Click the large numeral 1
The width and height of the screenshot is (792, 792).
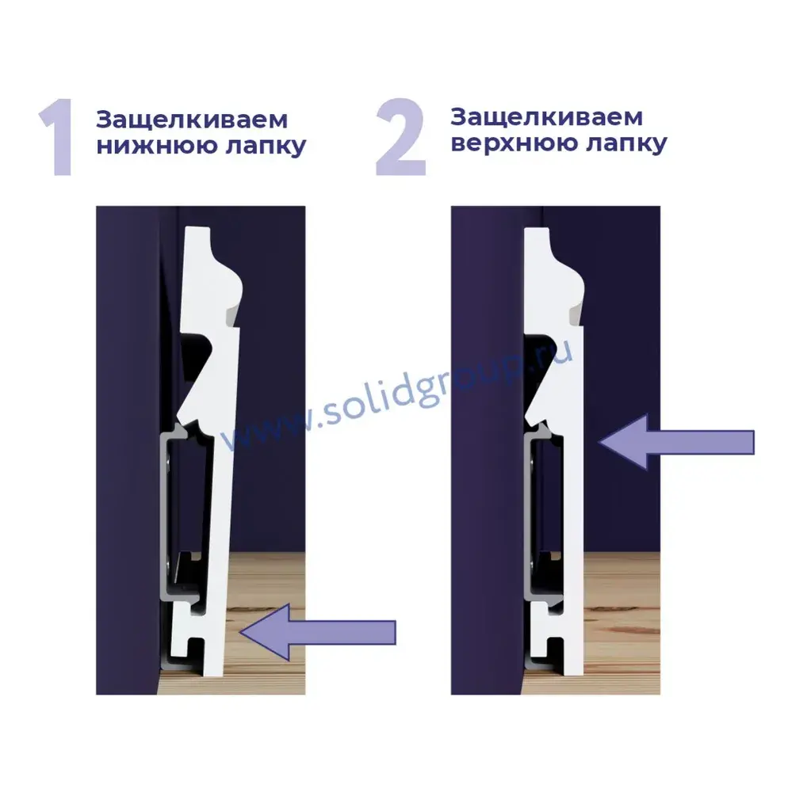tap(57, 137)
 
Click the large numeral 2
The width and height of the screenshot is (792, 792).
tap(400, 137)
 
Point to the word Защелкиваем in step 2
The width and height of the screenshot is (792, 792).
tap(547, 118)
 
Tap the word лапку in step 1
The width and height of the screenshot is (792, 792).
tap(266, 147)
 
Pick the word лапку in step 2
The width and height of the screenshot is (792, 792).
tap(626, 143)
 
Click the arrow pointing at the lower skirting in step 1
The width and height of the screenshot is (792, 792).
tap(318, 632)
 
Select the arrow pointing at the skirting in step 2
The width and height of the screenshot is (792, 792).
tap(676, 442)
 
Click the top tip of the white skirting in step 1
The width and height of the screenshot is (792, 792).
tap(197, 228)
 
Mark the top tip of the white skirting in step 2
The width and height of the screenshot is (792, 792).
tap(537, 230)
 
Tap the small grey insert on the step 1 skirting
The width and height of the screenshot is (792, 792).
tap(232, 317)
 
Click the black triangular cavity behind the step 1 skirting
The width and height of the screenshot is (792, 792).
tap(197, 353)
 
